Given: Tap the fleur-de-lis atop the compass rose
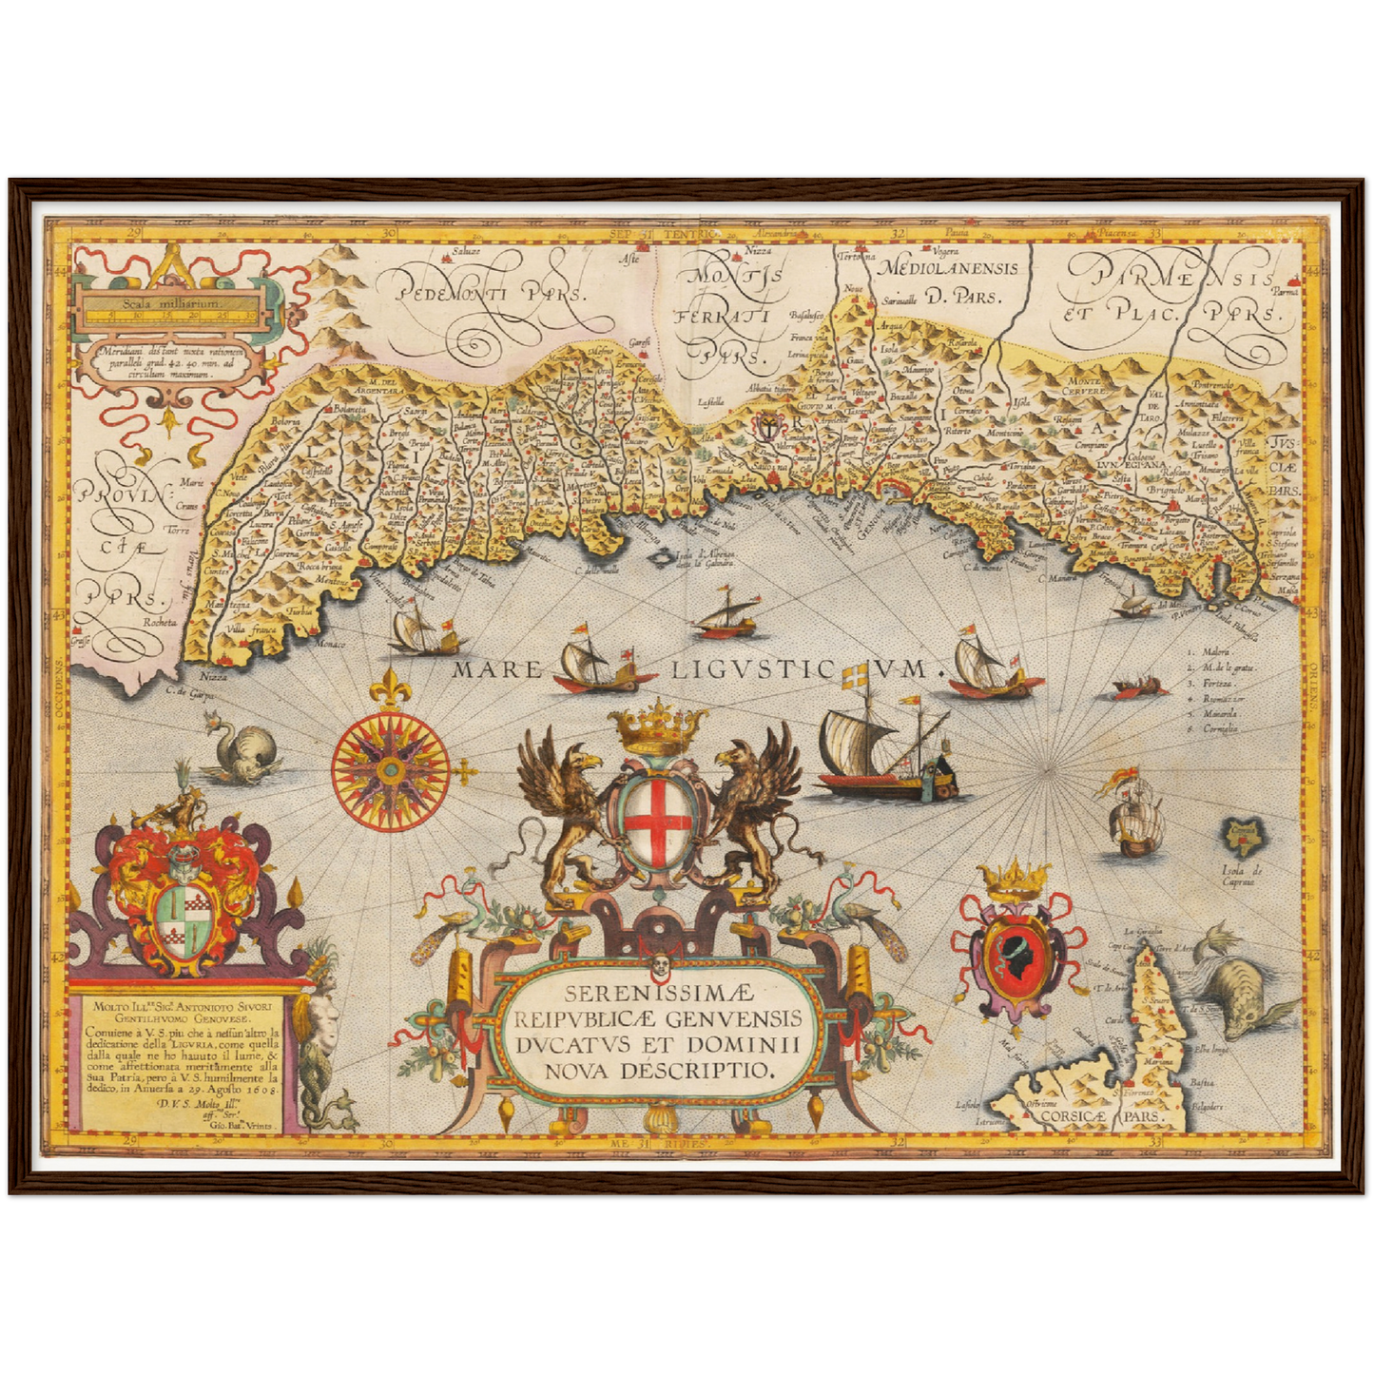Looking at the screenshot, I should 390,687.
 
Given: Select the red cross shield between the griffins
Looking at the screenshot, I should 657,820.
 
